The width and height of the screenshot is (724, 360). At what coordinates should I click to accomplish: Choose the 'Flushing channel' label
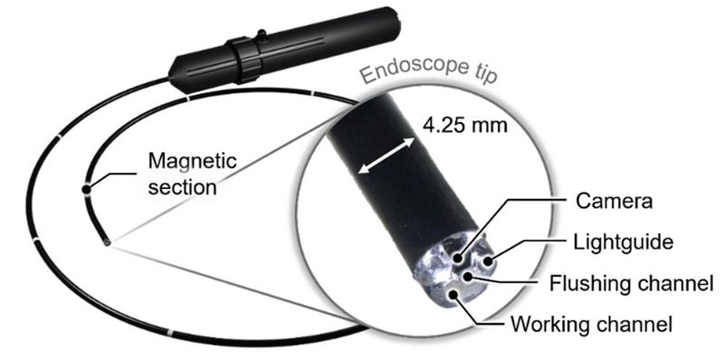632,285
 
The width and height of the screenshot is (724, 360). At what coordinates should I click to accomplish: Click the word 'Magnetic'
191,162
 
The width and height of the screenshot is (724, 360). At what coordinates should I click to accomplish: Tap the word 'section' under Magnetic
182,188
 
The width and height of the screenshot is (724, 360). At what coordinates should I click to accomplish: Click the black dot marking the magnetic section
86,189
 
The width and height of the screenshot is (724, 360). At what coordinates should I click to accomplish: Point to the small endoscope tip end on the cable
107,242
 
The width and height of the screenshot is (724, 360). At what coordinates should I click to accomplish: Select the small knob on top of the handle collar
261,35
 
